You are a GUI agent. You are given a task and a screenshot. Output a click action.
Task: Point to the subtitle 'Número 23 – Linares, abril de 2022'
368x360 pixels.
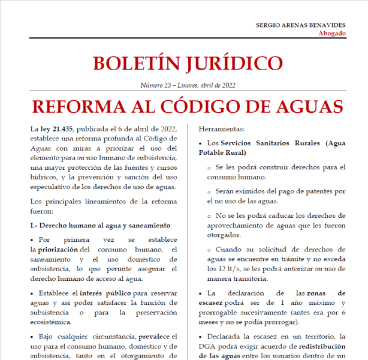(187, 85)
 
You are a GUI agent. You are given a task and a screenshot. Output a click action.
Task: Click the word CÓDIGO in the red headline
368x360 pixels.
(211, 106)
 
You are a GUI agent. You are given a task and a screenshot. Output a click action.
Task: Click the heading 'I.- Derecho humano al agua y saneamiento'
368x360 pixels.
(100, 225)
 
